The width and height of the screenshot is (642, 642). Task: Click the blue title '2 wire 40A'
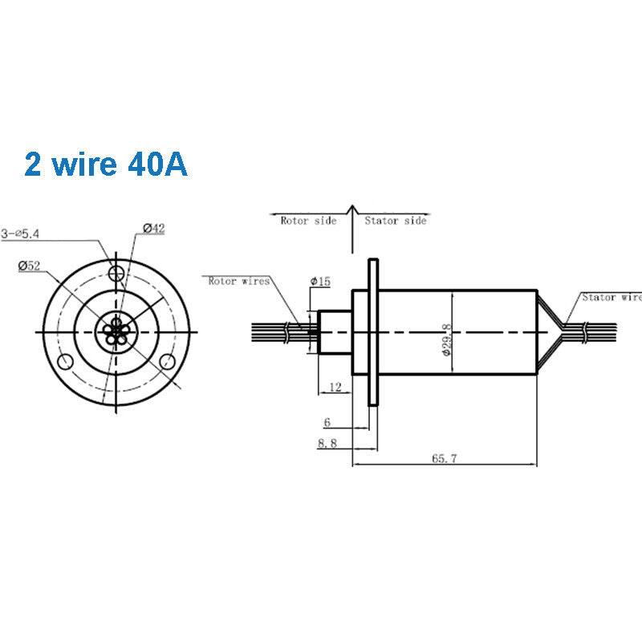tap(106, 164)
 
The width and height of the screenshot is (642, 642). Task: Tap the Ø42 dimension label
tap(153, 229)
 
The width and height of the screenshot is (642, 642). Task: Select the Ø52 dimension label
tap(30, 266)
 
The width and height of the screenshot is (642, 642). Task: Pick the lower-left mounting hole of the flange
tap(65, 360)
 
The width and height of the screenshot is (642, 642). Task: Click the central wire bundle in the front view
tap(117, 330)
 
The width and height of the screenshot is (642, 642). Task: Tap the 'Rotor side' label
tap(307, 220)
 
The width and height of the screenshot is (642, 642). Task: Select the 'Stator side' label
tap(396, 220)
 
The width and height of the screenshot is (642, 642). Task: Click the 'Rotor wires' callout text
tap(238, 281)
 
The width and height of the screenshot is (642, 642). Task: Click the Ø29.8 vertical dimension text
tap(446, 331)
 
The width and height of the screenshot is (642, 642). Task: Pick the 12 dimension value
tap(335, 388)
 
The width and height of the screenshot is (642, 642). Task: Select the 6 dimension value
tap(327, 421)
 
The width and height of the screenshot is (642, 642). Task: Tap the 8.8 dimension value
tap(327, 443)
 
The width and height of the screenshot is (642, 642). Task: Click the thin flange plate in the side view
tap(372, 331)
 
